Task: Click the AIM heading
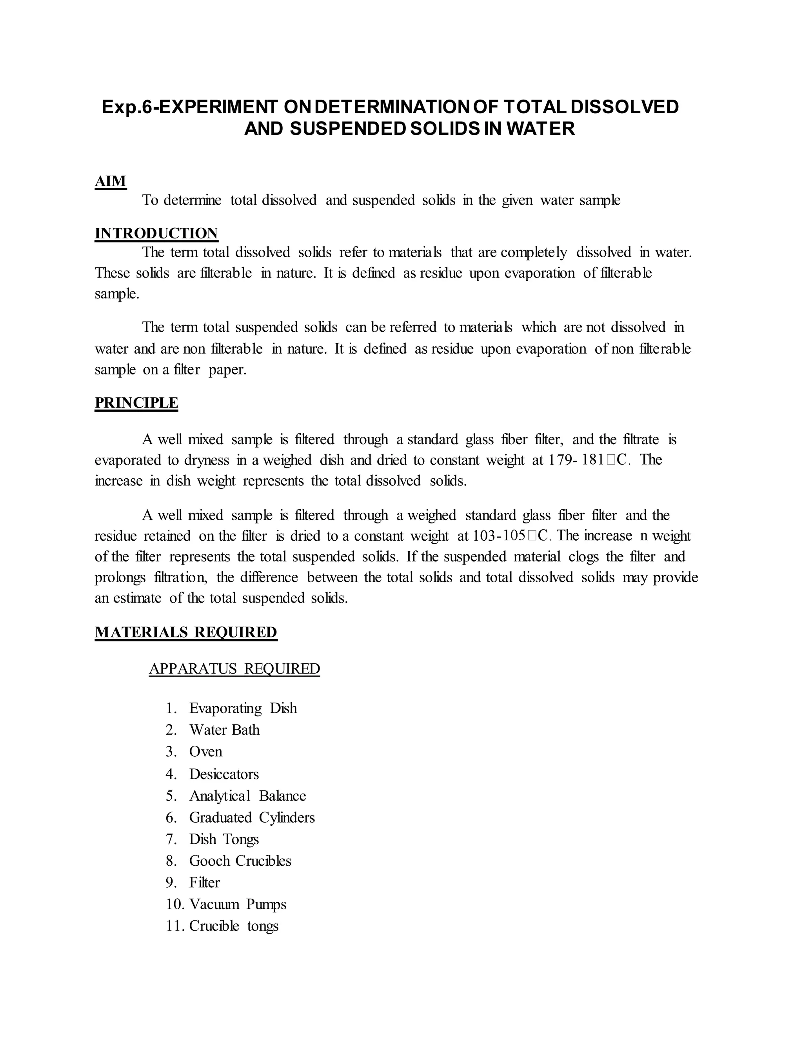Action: coord(110,181)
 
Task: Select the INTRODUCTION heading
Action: coord(156,233)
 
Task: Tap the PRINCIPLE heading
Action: coord(136,403)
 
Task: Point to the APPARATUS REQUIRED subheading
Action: coord(234,668)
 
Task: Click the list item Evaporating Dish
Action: coord(243,708)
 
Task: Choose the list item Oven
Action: coord(205,751)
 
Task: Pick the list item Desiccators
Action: coord(223,774)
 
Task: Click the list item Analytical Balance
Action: coord(247,796)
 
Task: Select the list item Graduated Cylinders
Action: coord(252,817)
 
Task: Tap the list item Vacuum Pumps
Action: coord(237,904)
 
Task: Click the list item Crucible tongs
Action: coord(234,926)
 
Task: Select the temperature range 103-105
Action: coord(499,536)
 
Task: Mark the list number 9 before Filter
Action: coord(171,883)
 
